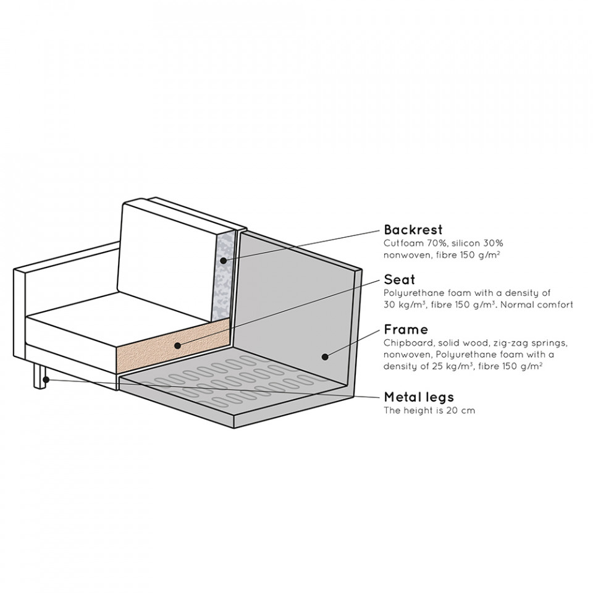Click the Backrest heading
414,230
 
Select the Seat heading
399,280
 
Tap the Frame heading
406,329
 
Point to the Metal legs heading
419,397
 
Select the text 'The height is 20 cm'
429,410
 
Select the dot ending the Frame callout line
324,356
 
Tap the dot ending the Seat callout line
177,345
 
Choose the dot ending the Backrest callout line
222,260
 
